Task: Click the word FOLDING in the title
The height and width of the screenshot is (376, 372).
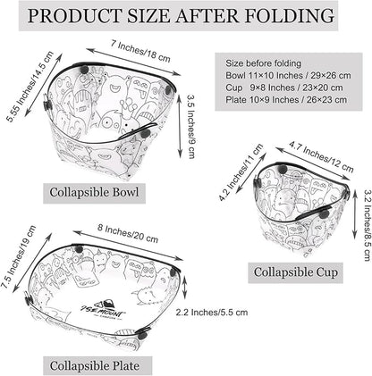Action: tap(289, 16)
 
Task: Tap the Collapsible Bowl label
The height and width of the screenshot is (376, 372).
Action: tap(94, 192)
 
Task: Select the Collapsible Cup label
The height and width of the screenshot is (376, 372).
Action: tap(296, 272)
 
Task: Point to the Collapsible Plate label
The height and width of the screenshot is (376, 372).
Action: tap(95, 366)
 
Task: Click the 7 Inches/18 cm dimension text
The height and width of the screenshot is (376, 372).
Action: tap(140, 51)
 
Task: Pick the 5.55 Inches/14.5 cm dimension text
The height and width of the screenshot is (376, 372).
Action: tap(30, 87)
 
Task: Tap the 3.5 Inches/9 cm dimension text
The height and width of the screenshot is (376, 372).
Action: tap(191, 127)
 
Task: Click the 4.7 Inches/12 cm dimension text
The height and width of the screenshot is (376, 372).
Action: tap(321, 157)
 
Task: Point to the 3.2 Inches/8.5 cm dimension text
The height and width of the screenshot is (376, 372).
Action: tap(368, 225)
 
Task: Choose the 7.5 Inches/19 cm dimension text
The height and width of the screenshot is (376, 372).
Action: tap(19, 257)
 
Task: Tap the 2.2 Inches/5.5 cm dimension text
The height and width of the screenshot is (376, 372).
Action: tap(212, 313)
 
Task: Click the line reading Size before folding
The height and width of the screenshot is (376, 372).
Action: tap(263, 63)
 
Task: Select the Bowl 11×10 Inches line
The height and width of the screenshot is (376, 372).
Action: tap(288, 75)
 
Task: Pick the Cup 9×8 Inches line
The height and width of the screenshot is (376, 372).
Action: tap(284, 88)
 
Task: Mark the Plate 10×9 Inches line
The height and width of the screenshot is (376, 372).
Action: tap(286, 99)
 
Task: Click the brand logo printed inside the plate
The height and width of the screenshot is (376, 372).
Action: tap(103, 310)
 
